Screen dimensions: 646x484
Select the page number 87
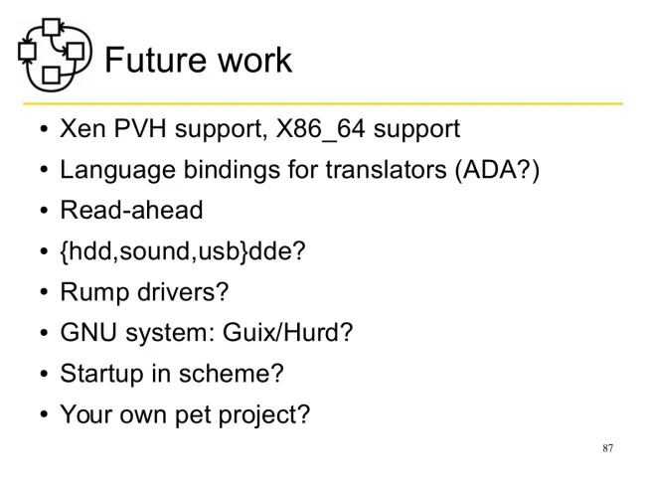pyautogui.click(x=607, y=448)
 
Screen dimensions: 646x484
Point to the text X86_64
pyautogui.click(x=321, y=129)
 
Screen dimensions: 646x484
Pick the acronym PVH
pyautogui.click(x=140, y=128)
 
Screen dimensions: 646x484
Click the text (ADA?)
pyautogui.click(x=497, y=170)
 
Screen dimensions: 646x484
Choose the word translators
pyautogui.click(x=386, y=169)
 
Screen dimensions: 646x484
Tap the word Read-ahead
pyautogui.click(x=132, y=210)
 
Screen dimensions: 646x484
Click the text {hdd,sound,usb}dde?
pyautogui.click(x=183, y=250)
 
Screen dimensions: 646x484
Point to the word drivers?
pyautogui.click(x=183, y=291)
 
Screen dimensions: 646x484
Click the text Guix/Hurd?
pyautogui.click(x=287, y=332)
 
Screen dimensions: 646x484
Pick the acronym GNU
pyautogui.click(x=88, y=332)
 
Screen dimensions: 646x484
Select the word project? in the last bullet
pyautogui.click(x=263, y=415)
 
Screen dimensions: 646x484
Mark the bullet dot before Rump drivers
pyautogui.click(x=44, y=291)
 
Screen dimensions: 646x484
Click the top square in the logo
pyautogui.click(x=52, y=27)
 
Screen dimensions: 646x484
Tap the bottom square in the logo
pyautogui.click(x=51, y=75)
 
